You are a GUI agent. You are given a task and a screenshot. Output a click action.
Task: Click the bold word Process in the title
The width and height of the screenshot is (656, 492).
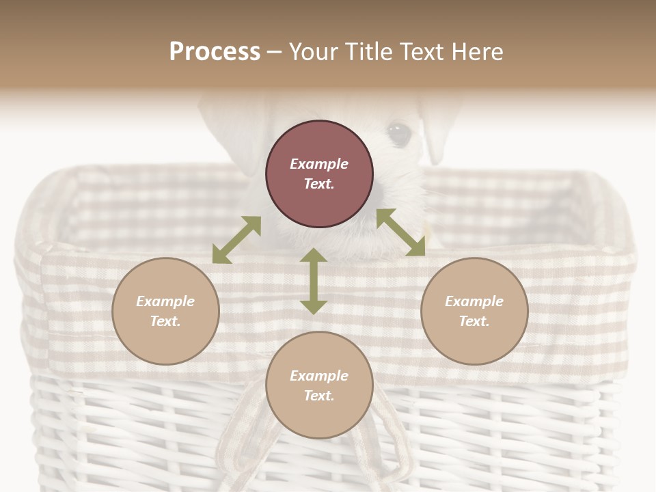(x=215, y=52)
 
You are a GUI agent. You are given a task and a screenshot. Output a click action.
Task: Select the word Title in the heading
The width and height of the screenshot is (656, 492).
(x=366, y=52)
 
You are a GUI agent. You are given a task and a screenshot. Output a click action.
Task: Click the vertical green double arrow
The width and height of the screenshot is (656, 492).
(x=314, y=281)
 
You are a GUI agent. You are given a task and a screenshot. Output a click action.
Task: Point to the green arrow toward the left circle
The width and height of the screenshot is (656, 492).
(x=236, y=240)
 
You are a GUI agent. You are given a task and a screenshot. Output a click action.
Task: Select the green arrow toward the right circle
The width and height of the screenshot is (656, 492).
(x=401, y=232)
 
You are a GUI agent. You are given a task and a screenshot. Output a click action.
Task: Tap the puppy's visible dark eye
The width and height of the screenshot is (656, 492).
(x=398, y=133)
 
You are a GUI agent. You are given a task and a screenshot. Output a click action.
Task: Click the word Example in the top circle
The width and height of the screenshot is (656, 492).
(x=319, y=164)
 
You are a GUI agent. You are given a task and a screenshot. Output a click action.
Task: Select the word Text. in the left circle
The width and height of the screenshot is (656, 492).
(x=165, y=321)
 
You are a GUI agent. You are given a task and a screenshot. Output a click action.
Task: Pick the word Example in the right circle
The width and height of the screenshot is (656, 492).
(x=474, y=301)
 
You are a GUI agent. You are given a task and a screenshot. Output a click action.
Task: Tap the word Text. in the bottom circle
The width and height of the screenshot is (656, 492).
(x=319, y=396)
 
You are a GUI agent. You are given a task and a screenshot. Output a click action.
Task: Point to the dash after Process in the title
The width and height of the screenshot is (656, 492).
(x=275, y=52)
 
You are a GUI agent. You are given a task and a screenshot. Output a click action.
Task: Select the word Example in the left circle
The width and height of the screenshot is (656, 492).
(x=165, y=301)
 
